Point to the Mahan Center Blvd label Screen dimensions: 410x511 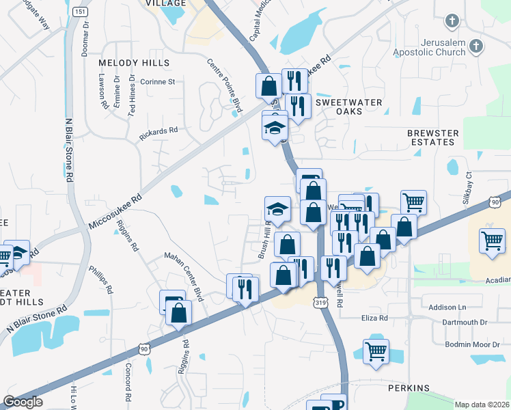pos(184,276)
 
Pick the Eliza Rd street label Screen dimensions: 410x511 pos(374,318)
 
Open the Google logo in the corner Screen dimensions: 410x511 pos(22,402)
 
